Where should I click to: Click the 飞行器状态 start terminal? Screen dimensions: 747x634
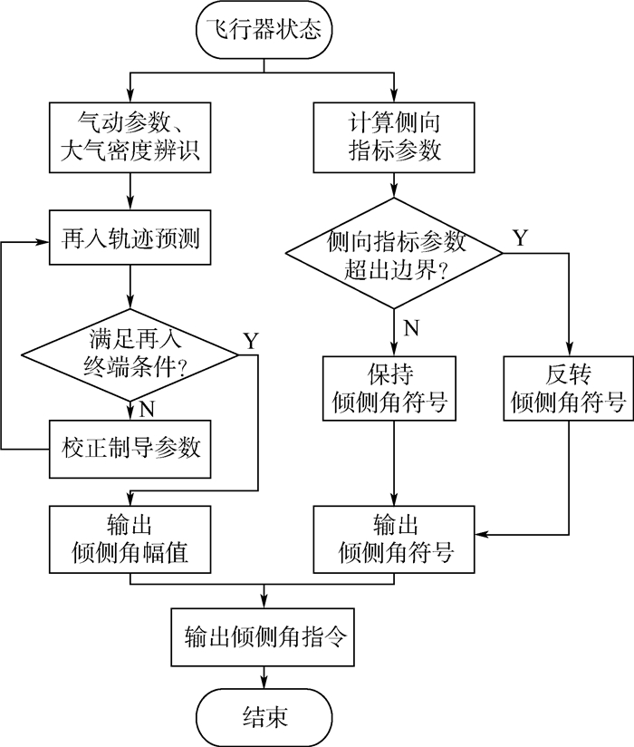pyautogui.click(x=264, y=28)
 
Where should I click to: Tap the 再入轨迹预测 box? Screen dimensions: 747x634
pyautogui.click(x=131, y=240)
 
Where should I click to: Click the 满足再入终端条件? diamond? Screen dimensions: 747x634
pyautogui.click(x=131, y=356)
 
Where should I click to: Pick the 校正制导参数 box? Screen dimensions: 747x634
pyautogui.click(x=131, y=448)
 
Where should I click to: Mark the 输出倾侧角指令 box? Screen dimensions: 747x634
pyautogui.click(x=264, y=635)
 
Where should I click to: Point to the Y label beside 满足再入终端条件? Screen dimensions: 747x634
pyautogui.click(x=251, y=340)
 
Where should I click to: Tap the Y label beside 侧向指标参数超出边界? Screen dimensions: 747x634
pyautogui.click(x=521, y=238)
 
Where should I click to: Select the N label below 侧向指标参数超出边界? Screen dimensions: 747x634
pyautogui.click(x=410, y=328)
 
